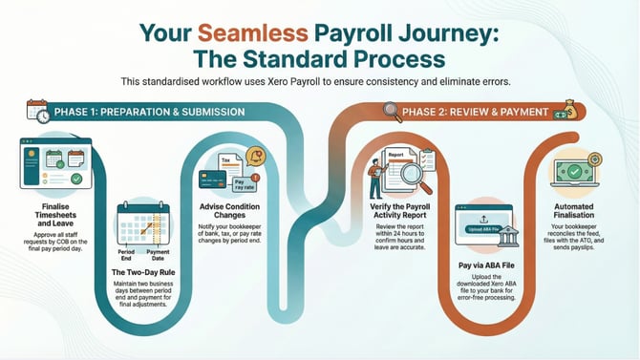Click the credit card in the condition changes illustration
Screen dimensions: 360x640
point(216,179)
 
